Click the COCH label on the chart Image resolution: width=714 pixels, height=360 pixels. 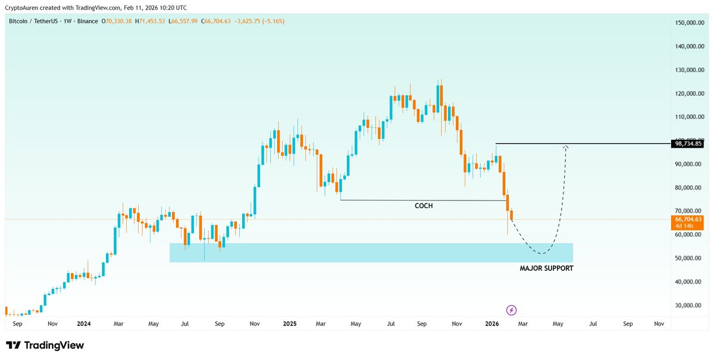click(x=424, y=205)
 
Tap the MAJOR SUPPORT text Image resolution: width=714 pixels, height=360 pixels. click(x=546, y=268)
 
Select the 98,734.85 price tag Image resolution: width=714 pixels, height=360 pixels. click(x=688, y=144)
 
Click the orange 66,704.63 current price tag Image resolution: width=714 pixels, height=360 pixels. click(x=688, y=220)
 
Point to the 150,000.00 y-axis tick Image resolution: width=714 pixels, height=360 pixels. click(x=689, y=23)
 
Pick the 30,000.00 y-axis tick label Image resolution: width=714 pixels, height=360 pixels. click(x=689, y=305)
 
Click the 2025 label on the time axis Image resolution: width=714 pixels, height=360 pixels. click(x=290, y=324)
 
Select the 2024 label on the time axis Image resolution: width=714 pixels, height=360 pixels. click(x=84, y=324)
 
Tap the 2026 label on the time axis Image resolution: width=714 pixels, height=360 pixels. click(x=491, y=324)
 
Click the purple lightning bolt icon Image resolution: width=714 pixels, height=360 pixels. click(x=511, y=310)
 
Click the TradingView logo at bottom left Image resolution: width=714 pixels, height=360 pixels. click(x=45, y=346)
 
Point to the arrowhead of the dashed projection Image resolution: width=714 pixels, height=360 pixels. click(x=566, y=147)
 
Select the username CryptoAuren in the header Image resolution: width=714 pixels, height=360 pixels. click(x=24, y=8)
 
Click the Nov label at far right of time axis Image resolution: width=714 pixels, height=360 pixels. click(x=659, y=324)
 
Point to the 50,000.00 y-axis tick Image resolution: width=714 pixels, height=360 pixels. click(x=689, y=258)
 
